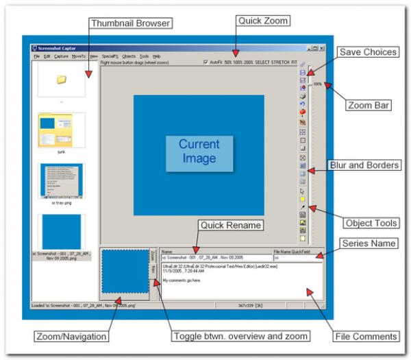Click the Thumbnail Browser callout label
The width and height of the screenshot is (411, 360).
tap(129, 23)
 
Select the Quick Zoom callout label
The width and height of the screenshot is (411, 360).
tap(263, 21)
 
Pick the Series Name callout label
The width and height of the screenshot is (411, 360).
tap(369, 245)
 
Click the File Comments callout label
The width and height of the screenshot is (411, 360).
tap(366, 337)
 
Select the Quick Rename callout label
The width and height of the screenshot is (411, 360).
tap(223, 225)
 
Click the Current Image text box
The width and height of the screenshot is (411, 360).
tap(199, 152)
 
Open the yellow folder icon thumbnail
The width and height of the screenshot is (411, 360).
tap(62, 80)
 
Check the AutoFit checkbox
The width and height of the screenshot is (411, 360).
tap(206, 62)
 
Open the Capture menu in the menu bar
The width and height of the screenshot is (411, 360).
tap(61, 56)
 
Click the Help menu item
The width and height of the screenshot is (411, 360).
tap(157, 56)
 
